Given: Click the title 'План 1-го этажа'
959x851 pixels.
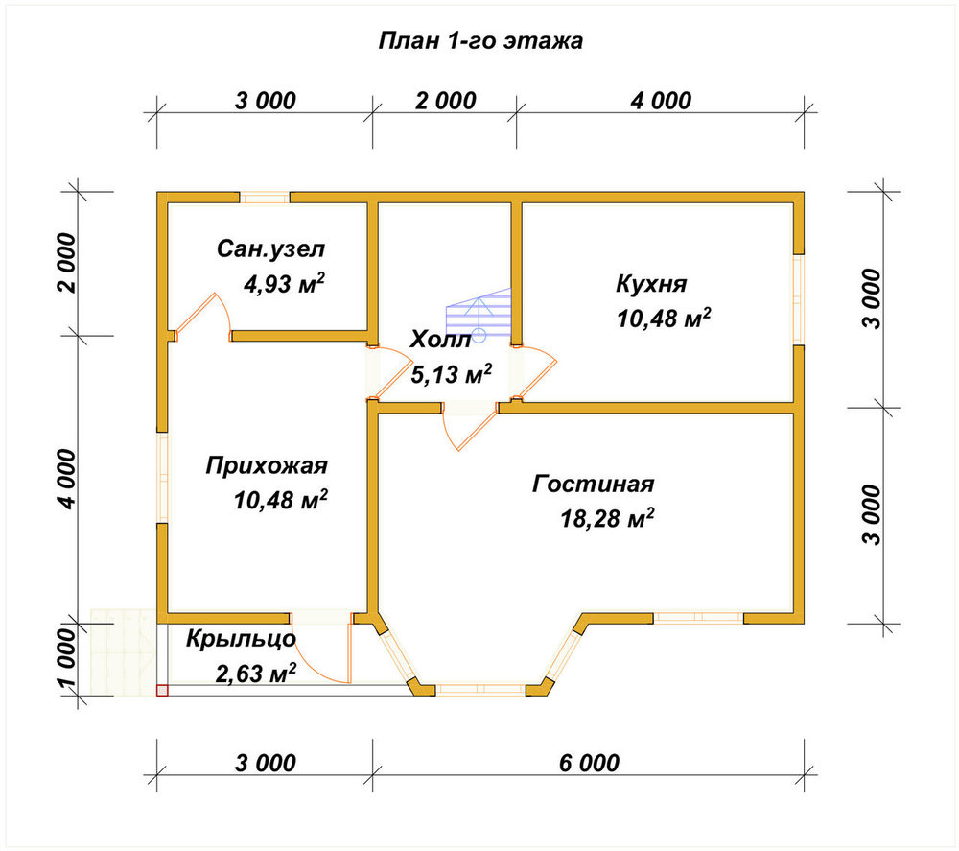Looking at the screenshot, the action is pos(480,41).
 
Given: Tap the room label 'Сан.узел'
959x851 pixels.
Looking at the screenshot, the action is pos(271,249).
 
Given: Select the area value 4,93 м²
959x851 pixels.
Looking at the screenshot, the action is pos(284,283).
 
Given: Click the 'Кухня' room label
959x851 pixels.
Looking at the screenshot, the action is pos(651,284).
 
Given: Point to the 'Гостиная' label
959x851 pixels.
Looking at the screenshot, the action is pos(594,484).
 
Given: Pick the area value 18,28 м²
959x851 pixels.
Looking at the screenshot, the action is pos(607,518).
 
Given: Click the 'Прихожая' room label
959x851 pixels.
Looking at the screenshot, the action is pos(267,466).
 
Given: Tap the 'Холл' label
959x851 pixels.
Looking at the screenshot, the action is pos(440,340).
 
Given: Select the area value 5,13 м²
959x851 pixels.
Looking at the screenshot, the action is pos(452,374).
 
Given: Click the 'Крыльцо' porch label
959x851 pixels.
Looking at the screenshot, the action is pos(241,639).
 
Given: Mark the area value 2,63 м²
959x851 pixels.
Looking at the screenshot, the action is pos(256,674).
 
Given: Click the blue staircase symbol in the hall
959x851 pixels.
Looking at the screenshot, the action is pos(479,315).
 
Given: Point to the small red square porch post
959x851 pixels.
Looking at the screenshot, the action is pos(162,690).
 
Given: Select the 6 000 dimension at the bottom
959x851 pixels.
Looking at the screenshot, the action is pos(589,763).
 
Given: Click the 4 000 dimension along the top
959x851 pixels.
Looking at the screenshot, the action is pos(661,101).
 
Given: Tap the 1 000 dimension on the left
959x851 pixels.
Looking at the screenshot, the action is pos(69,657).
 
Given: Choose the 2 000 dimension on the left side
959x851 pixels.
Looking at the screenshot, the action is pos(68,263).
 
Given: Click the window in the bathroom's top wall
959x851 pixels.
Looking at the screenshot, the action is pos(265,198).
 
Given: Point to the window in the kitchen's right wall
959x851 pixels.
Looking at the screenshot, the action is pos(798,299).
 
